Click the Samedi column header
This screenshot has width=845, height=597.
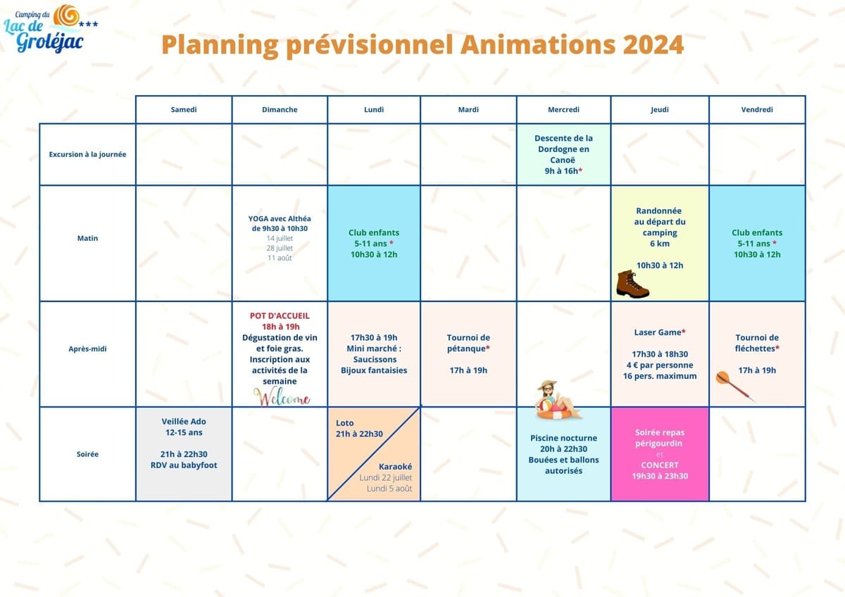click(x=183, y=110)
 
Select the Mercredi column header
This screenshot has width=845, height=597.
click(x=563, y=110)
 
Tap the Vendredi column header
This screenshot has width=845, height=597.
click(x=757, y=110)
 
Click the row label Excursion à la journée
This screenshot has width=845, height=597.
click(x=87, y=154)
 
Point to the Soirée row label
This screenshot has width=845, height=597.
click(x=87, y=454)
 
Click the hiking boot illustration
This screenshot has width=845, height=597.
click(x=632, y=284)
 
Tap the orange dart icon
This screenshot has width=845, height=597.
click(x=734, y=386)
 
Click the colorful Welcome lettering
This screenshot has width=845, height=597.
click(x=282, y=398)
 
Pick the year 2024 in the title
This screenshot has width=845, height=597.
click(x=653, y=44)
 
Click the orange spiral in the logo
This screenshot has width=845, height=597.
click(x=66, y=15)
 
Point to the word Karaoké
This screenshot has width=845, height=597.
click(x=395, y=467)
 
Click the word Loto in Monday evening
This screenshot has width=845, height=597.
click(x=345, y=423)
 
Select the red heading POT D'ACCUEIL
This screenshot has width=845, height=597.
click(x=280, y=315)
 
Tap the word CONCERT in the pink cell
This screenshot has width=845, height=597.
click(x=659, y=465)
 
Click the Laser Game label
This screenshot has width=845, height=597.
click(x=659, y=332)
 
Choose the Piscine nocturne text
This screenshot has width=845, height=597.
click(x=563, y=438)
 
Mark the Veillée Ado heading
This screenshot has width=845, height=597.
click(x=184, y=421)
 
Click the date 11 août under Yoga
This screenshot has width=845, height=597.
click(x=280, y=258)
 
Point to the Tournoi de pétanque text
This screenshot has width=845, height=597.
click(x=468, y=343)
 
